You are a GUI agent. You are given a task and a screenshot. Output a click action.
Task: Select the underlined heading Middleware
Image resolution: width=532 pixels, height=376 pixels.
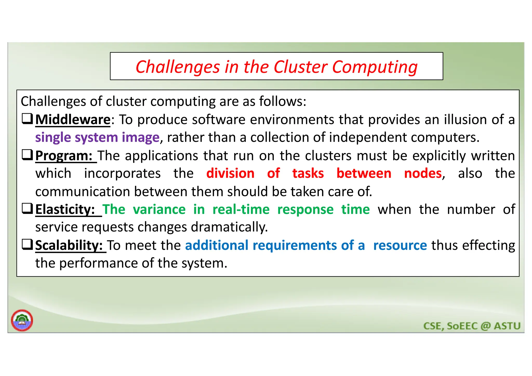(73, 120)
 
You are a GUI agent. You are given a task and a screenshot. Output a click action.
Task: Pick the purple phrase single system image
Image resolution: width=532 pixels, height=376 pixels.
(97, 137)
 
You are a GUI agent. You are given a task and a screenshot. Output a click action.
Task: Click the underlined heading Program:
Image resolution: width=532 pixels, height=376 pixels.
(64, 156)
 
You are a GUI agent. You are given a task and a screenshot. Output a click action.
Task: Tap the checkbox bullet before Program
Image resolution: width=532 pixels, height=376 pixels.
(27, 155)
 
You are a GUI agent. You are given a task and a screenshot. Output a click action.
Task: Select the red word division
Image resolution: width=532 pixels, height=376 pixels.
(230, 173)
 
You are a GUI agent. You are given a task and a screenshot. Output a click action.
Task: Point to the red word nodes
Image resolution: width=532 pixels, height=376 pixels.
(423, 173)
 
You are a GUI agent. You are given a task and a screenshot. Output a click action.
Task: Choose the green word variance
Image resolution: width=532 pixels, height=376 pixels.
(159, 209)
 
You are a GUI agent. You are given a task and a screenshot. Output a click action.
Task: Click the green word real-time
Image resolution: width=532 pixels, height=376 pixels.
(241, 209)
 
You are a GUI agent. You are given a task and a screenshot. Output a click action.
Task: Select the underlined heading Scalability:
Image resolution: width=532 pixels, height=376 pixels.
(69, 245)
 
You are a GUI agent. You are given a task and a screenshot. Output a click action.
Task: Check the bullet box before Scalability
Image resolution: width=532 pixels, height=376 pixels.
(27, 244)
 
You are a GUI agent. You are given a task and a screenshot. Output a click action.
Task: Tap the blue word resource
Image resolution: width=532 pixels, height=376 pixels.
(400, 245)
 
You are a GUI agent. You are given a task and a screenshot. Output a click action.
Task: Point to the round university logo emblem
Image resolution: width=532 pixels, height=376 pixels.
(22, 320)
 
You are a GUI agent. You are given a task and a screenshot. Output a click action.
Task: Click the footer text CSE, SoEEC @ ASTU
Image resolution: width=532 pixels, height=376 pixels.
(472, 326)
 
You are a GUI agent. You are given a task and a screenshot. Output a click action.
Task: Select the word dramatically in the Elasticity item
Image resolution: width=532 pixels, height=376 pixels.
(229, 227)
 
